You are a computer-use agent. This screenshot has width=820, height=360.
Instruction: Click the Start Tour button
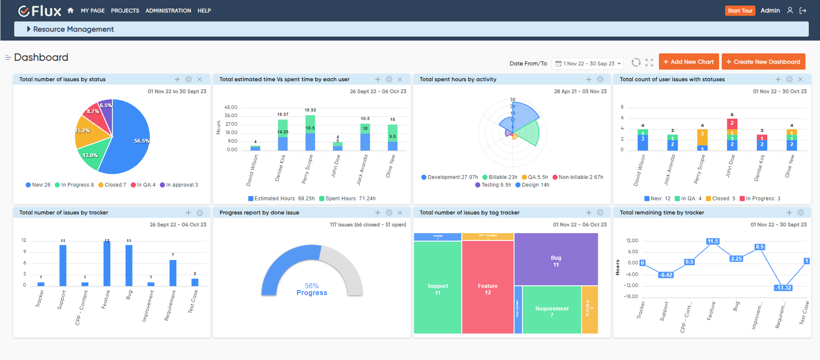click(x=740, y=11)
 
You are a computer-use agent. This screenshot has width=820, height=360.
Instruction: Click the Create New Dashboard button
click(x=763, y=62)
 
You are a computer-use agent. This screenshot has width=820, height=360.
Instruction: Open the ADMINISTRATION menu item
click(x=168, y=11)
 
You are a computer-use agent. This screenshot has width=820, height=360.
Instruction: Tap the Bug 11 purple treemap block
click(x=555, y=260)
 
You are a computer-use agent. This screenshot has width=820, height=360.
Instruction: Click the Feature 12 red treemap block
click(x=488, y=289)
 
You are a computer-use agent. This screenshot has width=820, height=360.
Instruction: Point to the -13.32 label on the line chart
click(x=783, y=288)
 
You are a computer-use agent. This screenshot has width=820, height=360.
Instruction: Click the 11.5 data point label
click(x=713, y=241)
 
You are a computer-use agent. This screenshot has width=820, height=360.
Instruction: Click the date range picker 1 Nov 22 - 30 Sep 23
click(x=588, y=64)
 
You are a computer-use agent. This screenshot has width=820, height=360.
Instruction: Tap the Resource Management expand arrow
click(x=29, y=29)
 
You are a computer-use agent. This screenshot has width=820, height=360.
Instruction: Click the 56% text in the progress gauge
click(x=312, y=286)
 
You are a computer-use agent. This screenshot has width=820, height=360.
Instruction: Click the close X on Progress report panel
click(x=400, y=213)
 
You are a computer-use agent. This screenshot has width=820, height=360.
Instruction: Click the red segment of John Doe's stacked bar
click(x=732, y=123)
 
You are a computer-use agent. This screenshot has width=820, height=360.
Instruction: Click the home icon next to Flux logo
click(x=71, y=11)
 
